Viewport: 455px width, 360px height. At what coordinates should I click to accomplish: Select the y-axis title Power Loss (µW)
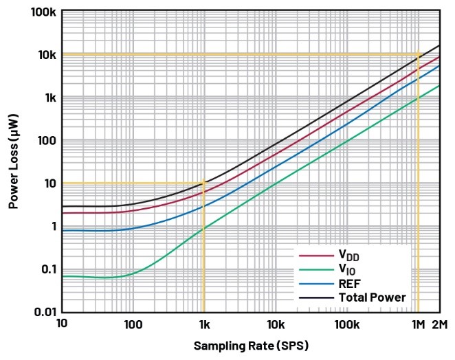(13, 161)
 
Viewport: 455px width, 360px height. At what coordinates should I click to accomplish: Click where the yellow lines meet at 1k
(203, 183)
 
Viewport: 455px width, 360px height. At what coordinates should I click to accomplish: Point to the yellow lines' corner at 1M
(418, 54)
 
